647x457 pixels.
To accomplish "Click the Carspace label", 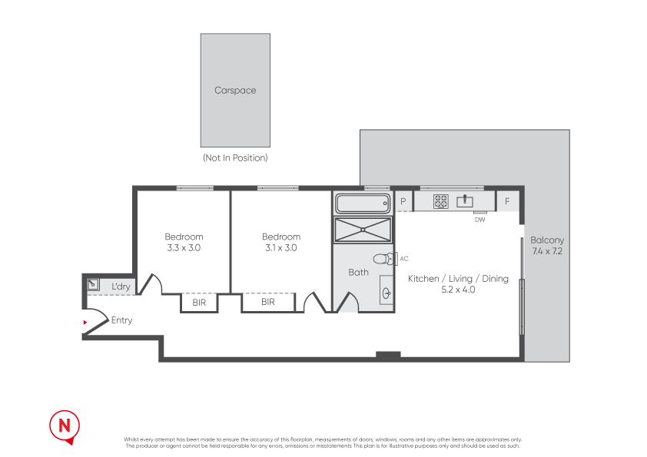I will tap(235, 91).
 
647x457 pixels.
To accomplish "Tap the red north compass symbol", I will tap(65, 426).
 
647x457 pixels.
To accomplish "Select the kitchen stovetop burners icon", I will tap(441, 201).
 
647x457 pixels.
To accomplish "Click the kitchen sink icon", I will tap(465, 201).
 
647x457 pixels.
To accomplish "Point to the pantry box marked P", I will tap(403, 201).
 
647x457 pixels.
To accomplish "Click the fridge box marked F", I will tap(507, 201).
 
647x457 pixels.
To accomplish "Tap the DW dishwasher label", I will tap(480, 220).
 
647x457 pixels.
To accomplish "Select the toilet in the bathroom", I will tap(383, 259).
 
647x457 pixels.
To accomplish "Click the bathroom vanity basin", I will tap(386, 293).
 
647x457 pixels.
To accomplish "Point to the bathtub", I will tap(363, 204).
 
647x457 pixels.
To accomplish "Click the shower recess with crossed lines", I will tap(363, 229).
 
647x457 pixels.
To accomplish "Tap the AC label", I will tap(404, 259).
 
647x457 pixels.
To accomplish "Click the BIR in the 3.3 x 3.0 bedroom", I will tap(199, 303).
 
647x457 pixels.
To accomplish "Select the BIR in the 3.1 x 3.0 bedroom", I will tap(267, 303).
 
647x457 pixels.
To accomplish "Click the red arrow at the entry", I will tap(86, 322).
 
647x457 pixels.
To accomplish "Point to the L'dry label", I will tap(121, 286).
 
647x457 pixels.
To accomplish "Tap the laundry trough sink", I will tap(93, 284).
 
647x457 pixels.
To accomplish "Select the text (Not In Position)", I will tap(235, 158).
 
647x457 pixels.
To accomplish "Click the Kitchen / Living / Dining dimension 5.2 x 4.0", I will tap(458, 290).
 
